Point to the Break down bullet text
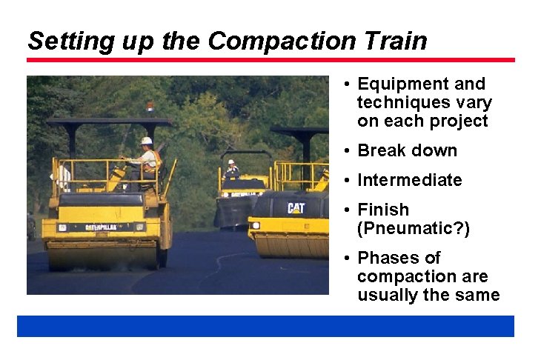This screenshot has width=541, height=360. [x=407, y=150]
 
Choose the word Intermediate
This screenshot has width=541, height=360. [x=409, y=180]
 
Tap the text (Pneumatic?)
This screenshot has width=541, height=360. [x=413, y=228]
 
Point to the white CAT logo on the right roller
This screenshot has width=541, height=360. [x=296, y=208]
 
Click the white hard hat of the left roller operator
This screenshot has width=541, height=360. [x=147, y=141]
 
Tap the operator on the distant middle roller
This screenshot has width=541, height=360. [x=232, y=169]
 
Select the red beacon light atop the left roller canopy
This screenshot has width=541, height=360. [x=150, y=108]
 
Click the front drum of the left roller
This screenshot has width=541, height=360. [x=104, y=256]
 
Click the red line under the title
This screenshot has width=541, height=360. [x=270, y=60]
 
